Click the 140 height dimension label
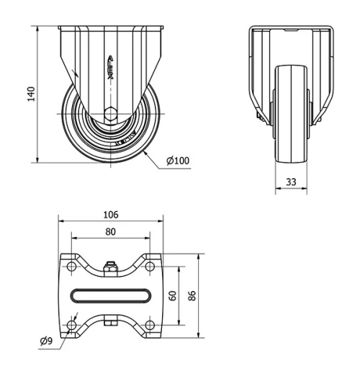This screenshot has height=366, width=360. tap(31, 94)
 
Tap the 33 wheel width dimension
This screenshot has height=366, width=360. tap(291, 182)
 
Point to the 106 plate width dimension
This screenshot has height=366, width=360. tap(110, 215)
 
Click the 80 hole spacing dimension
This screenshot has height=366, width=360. tap(110, 232)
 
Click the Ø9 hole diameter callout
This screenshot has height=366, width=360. tap(45, 340)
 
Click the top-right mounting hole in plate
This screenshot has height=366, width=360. tap(149, 267)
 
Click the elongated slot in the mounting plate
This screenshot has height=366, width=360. tap(110, 295)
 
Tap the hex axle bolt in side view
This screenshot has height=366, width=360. tap(110, 113)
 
